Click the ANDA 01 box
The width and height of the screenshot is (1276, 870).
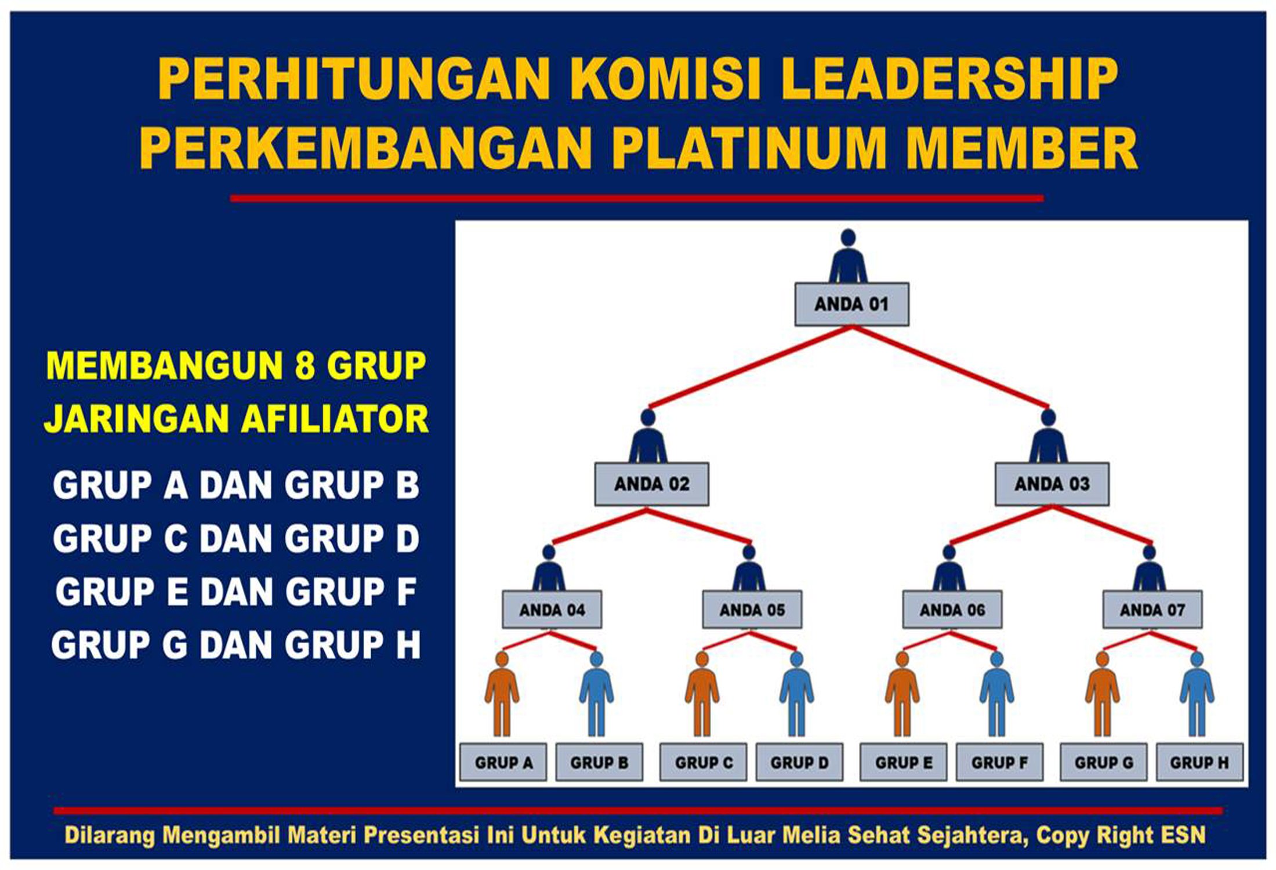click(851, 304)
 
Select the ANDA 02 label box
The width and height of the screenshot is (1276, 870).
click(651, 484)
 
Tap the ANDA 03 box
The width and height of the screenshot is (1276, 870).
click(1052, 484)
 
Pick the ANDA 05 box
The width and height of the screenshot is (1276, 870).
click(752, 610)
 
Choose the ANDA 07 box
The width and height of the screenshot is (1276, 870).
click(1152, 610)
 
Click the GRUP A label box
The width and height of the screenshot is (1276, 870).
click(503, 762)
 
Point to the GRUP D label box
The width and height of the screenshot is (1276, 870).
click(799, 762)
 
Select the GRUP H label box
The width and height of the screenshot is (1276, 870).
click(1199, 762)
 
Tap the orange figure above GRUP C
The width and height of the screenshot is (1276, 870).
click(702, 693)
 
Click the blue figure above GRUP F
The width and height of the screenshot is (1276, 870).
click(996, 693)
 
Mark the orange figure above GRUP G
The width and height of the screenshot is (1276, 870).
click(1102, 693)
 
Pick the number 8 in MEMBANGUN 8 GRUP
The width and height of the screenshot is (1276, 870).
click(304, 366)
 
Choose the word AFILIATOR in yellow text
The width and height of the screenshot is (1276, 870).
click(335, 419)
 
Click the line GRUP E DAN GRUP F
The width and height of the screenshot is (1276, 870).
click(235, 592)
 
